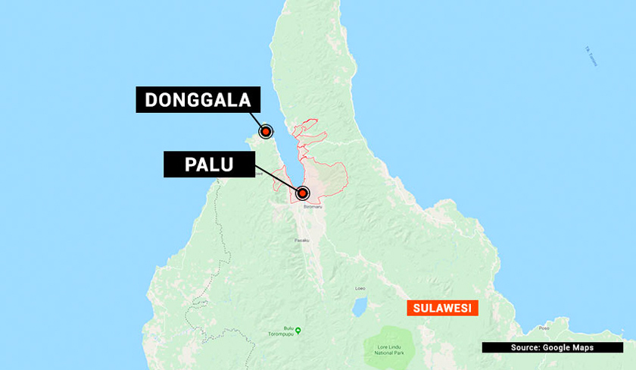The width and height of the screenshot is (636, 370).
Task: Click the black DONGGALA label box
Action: coord(198,100)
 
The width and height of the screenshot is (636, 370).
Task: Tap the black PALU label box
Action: coord(209,164)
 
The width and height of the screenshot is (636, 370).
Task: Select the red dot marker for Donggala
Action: coord(266,132)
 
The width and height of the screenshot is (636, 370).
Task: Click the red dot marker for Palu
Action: coord(303,193)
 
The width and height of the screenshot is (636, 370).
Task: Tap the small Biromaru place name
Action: coord(304,205)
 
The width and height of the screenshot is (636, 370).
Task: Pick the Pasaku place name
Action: coord(301,240)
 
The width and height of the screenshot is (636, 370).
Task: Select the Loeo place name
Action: coord(360,288)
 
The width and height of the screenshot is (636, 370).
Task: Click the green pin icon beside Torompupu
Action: coord(298,330)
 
